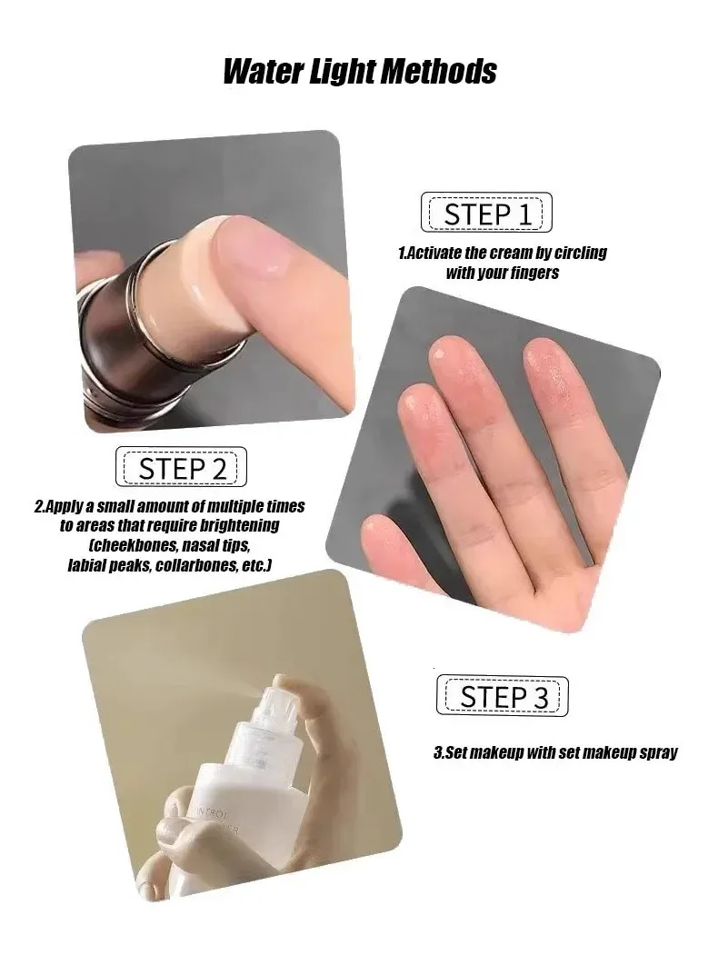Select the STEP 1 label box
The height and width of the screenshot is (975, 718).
(486, 213)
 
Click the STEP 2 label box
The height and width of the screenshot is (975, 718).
(181, 467)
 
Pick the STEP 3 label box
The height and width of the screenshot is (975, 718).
(502, 696)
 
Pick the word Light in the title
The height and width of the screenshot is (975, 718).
(342, 72)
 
